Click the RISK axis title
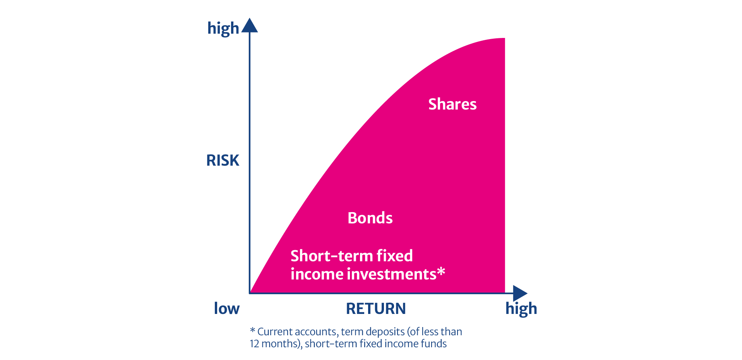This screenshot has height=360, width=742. click(223, 160)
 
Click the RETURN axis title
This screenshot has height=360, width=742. click(376, 309)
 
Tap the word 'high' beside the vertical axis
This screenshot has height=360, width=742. click(223, 29)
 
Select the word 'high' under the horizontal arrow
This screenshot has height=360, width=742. click(521, 309)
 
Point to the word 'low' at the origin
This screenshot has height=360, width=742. click(227, 309)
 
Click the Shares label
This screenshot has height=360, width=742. click(452, 104)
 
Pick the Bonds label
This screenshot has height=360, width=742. click(370, 218)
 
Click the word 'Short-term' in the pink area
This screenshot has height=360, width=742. click(331, 256)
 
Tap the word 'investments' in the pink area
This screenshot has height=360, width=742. click(392, 274)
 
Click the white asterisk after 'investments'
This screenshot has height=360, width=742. click(441, 272)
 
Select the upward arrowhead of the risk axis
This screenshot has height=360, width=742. click(250, 26)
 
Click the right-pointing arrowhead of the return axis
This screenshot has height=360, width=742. click(520, 293)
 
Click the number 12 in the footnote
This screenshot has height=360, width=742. click(254, 344)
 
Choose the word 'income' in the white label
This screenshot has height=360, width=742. click(317, 274)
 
